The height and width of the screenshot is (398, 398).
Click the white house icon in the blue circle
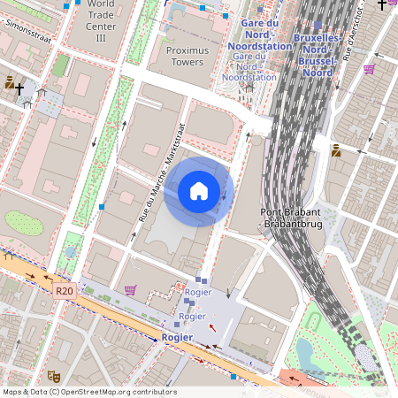[199, 190]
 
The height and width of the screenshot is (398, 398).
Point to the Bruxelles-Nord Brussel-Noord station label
[316, 56]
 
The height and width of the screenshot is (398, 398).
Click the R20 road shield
[64, 290]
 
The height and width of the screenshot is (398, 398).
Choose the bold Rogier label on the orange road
[178, 338]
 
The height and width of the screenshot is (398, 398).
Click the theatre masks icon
[53, 376]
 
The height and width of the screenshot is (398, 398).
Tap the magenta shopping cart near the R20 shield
[131, 289]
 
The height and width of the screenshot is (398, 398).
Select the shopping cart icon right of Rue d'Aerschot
[369, 68]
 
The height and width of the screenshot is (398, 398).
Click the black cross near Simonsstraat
[19, 89]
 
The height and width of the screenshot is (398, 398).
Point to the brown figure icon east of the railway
[336, 149]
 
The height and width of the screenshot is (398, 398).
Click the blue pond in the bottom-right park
[305, 352]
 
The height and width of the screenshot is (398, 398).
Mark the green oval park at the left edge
[24, 223]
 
